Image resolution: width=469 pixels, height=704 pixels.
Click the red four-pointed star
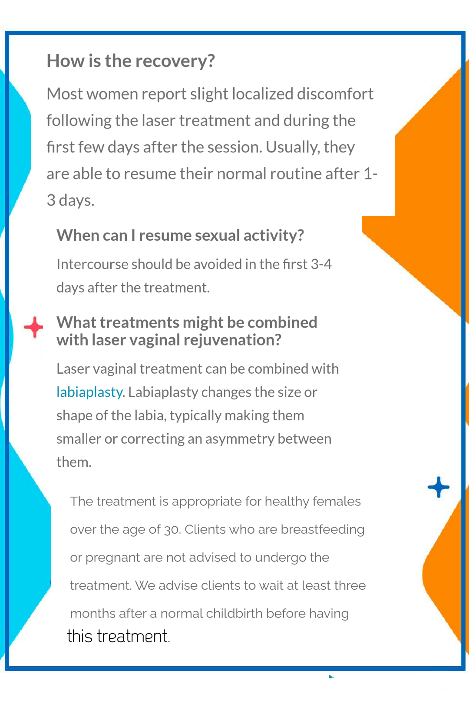pyautogui.click(x=33, y=327)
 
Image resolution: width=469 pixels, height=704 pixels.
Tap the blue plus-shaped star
pyautogui.click(x=439, y=487)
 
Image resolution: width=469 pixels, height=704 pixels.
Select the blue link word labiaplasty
pyautogui.click(x=89, y=392)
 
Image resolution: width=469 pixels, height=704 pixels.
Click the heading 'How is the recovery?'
pyautogui.click(x=131, y=61)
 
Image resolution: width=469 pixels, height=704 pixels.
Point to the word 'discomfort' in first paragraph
pyautogui.click(x=335, y=94)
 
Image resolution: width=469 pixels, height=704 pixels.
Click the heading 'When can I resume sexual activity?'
pyautogui.click(x=180, y=236)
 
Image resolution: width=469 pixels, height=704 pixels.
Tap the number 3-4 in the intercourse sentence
pyautogui.click(x=321, y=264)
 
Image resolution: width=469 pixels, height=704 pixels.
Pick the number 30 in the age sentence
pyautogui.click(x=172, y=530)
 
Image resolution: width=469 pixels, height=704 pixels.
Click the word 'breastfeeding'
pyautogui.click(x=323, y=530)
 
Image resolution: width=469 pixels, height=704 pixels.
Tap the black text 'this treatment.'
pyautogui.click(x=119, y=637)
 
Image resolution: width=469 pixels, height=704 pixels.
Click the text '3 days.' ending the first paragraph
pyautogui.click(x=70, y=200)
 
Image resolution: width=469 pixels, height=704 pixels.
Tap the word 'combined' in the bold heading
pyautogui.click(x=282, y=322)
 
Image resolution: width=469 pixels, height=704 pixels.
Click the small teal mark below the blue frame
pyautogui.click(x=331, y=677)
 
